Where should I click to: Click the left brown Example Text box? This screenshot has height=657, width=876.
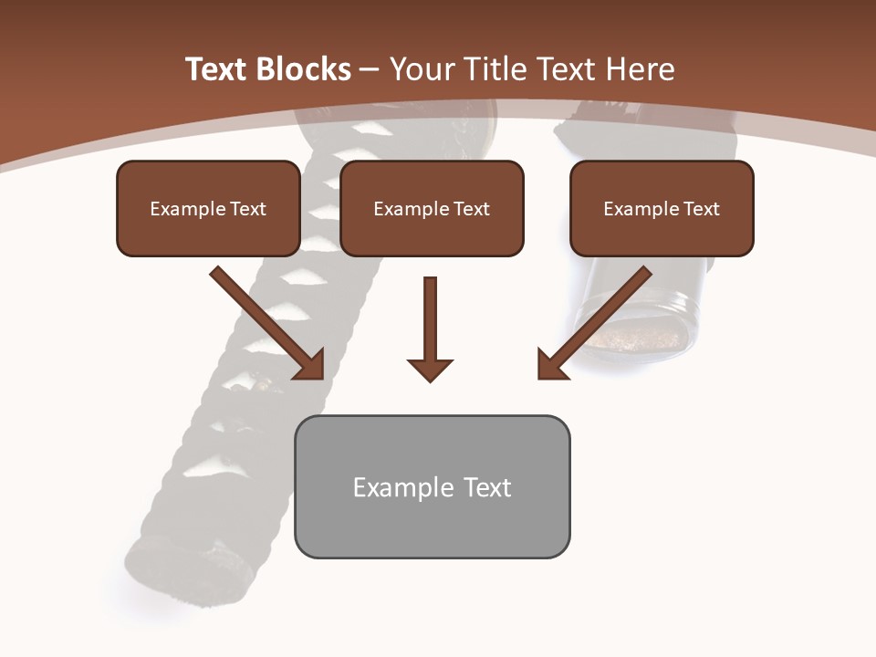[x=208, y=209]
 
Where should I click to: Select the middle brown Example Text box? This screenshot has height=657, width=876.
[x=432, y=209]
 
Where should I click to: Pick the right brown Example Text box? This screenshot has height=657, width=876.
[x=662, y=209]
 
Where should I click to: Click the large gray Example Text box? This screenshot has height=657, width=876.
[x=432, y=487]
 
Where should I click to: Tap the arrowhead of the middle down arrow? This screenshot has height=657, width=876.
[x=430, y=369]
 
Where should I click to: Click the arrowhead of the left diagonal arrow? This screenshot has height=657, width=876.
[x=311, y=365]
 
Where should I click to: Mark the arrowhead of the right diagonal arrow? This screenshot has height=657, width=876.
[x=550, y=365]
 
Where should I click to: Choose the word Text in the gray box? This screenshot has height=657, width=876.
[x=486, y=487]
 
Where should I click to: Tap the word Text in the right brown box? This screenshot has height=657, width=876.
[x=701, y=209]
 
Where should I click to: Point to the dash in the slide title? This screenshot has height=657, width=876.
[x=370, y=70]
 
